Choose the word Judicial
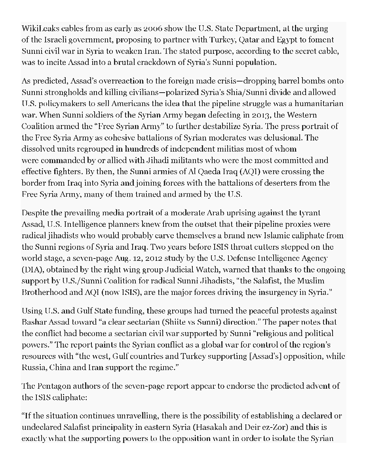pos(148,270)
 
